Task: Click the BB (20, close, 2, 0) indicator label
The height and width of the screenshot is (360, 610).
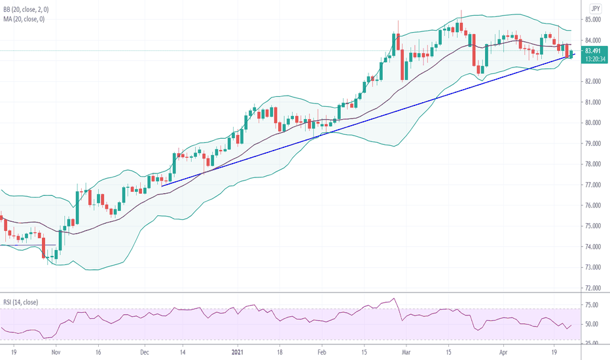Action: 30,9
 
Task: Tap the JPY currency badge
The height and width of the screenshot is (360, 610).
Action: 595,9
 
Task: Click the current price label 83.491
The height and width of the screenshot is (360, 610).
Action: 594,50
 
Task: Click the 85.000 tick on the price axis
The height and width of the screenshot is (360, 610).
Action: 594,20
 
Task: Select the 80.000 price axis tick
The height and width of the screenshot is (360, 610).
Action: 594,122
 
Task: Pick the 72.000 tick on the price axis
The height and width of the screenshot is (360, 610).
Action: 594,288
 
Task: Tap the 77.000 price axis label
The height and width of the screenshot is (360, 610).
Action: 594,185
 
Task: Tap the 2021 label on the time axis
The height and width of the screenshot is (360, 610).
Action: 238,351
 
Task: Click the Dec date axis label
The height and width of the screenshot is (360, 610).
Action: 145,351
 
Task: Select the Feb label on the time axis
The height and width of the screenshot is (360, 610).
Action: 321,351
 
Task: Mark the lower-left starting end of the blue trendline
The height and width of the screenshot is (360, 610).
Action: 162,185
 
